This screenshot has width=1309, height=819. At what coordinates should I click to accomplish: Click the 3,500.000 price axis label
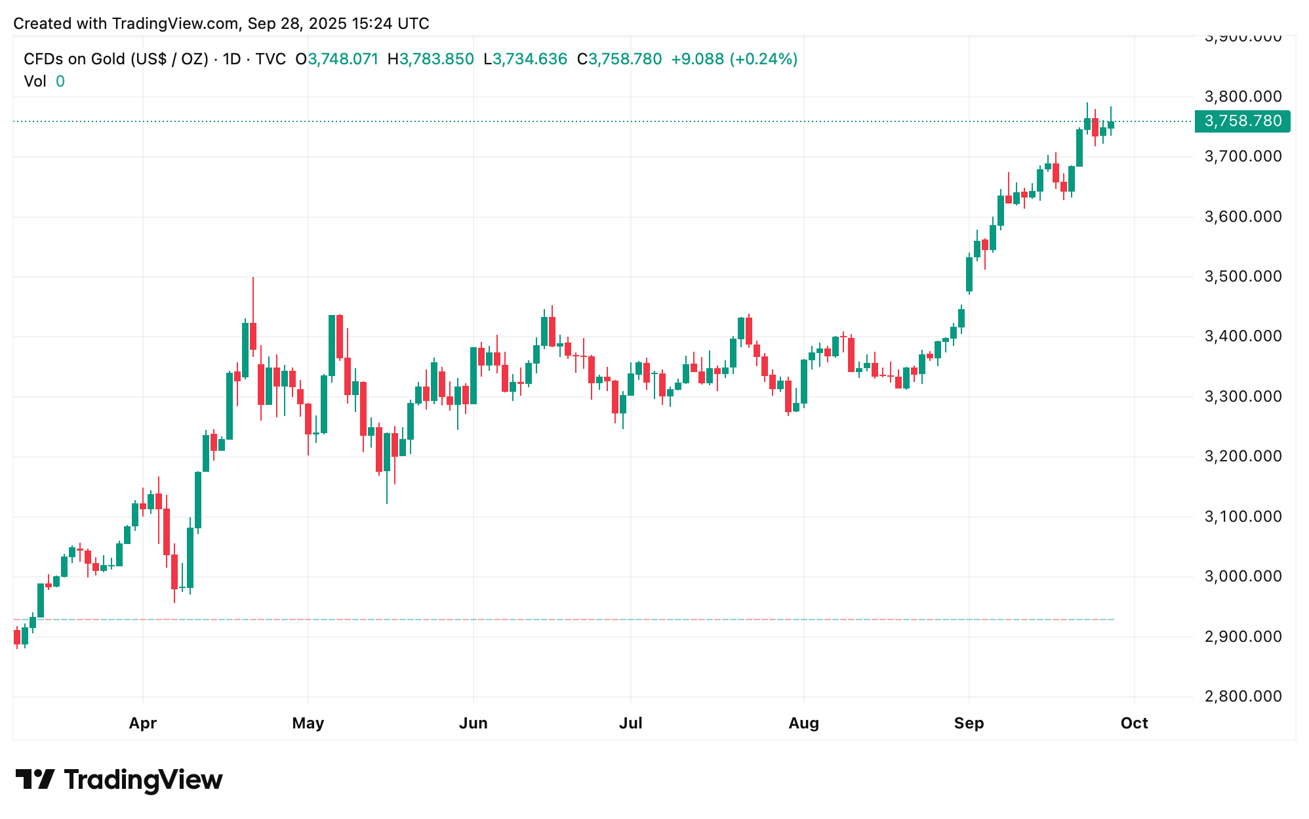tap(1243, 276)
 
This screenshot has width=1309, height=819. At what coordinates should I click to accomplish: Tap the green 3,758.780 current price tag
tap(1242, 121)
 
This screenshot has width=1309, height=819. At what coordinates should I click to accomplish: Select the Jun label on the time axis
tap(473, 723)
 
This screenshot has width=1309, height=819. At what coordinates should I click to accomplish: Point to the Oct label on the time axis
tap(1134, 723)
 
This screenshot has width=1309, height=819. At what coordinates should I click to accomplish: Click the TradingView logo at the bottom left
tap(119, 780)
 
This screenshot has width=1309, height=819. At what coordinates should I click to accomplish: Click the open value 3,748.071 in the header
tap(343, 59)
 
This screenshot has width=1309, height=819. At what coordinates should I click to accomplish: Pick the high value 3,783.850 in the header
tap(436, 59)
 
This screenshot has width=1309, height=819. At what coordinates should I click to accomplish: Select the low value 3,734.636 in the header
tap(529, 59)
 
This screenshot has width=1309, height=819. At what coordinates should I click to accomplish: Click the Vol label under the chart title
tap(35, 81)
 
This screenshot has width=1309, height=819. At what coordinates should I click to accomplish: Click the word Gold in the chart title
tap(108, 59)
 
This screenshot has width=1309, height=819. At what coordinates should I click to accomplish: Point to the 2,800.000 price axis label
tap(1243, 696)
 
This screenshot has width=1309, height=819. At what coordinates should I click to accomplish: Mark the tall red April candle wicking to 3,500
tap(253, 335)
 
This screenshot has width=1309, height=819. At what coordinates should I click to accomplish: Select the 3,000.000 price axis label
tap(1243, 576)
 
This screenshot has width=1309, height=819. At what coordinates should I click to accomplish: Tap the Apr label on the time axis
tap(142, 723)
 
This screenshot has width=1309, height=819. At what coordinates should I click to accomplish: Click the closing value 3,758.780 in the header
tap(625, 59)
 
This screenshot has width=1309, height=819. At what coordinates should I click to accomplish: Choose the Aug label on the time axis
tap(803, 723)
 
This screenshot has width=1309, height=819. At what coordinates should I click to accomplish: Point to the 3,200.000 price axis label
tap(1243, 456)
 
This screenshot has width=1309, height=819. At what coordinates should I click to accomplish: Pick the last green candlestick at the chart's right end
tap(1111, 125)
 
